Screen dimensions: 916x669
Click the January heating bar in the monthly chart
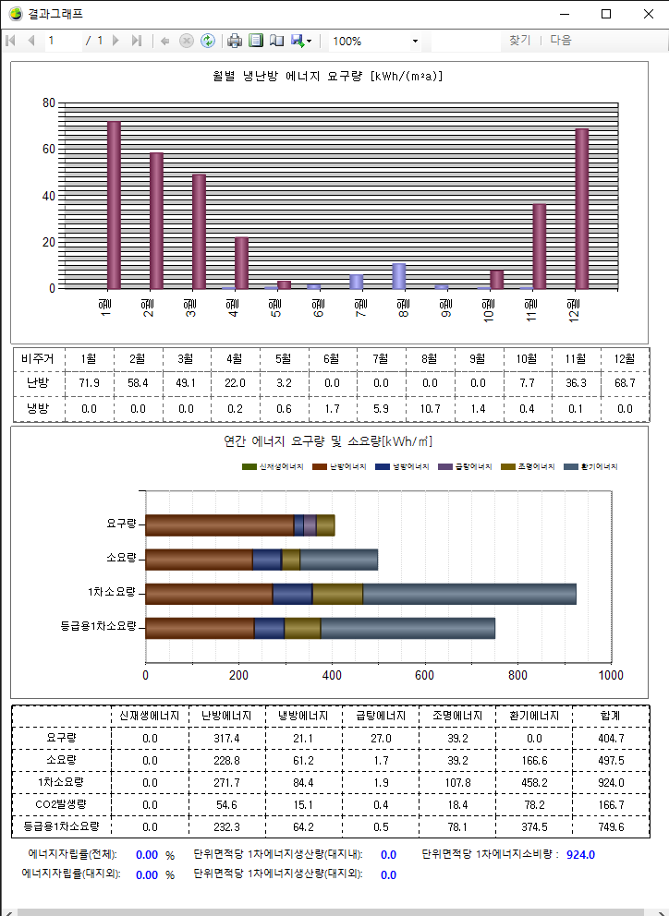tap(114, 205)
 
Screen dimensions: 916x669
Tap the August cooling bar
tap(399, 276)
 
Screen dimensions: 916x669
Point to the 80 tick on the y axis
tap(48, 102)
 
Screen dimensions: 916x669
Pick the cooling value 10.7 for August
tap(430, 408)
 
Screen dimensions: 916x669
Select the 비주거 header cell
tap(38, 358)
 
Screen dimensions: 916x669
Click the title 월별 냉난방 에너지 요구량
tap(329, 76)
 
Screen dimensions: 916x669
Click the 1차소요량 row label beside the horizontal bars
tap(112, 592)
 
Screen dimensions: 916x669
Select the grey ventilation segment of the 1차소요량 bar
tap(469, 594)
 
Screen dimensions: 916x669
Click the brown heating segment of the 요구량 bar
tap(219, 524)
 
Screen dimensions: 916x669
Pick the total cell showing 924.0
tap(610, 782)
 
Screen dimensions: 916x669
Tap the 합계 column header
tap(610, 716)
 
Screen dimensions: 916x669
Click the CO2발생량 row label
tap(61, 804)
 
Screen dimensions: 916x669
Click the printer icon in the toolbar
tap(235, 41)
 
